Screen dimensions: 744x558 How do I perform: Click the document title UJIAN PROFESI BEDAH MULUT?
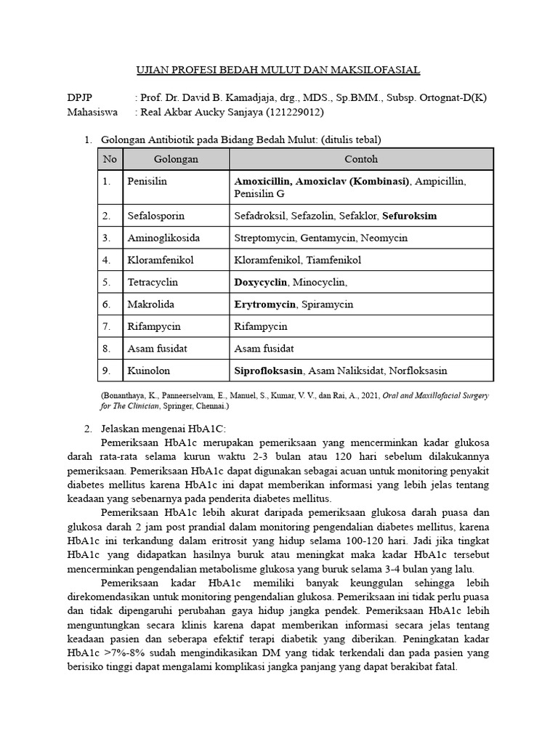(x=279, y=70)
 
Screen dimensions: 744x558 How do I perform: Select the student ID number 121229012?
(x=295, y=113)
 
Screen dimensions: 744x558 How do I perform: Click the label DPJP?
(x=80, y=97)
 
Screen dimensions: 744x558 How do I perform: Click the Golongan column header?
(x=176, y=159)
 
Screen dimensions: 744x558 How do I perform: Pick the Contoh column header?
(x=361, y=159)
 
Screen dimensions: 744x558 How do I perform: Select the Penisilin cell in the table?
(x=147, y=181)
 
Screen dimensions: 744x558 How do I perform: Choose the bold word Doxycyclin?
(x=260, y=282)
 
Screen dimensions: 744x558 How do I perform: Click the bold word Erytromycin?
(x=264, y=304)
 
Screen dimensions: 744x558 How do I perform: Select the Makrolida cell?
(x=150, y=304)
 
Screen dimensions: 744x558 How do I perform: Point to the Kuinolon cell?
(x=148, y=371)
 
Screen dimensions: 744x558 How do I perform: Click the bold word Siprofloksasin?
(x=268, y=371)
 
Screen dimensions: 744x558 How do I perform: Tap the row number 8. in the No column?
(x=107, y=349)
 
